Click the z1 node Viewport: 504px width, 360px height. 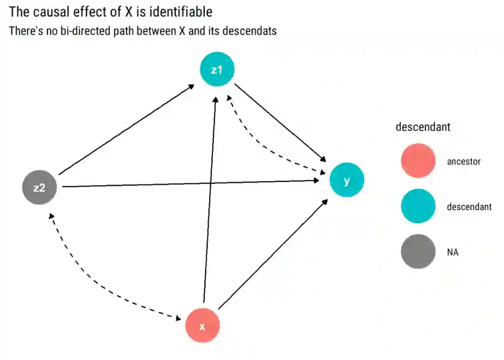(217, 70)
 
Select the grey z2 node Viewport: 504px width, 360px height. (39, 188)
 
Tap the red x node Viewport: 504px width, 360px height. (202, 326)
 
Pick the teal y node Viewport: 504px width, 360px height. (346, 180)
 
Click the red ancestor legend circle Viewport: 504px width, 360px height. (418, 161)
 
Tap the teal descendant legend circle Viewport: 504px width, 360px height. (418, 206)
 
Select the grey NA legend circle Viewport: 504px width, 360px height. (418, 252)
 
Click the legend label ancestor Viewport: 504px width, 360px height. (463, 162)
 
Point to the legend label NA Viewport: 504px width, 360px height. (453, 253)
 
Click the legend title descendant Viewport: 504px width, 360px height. (423, 127)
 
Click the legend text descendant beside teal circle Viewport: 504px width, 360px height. (469, 207)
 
